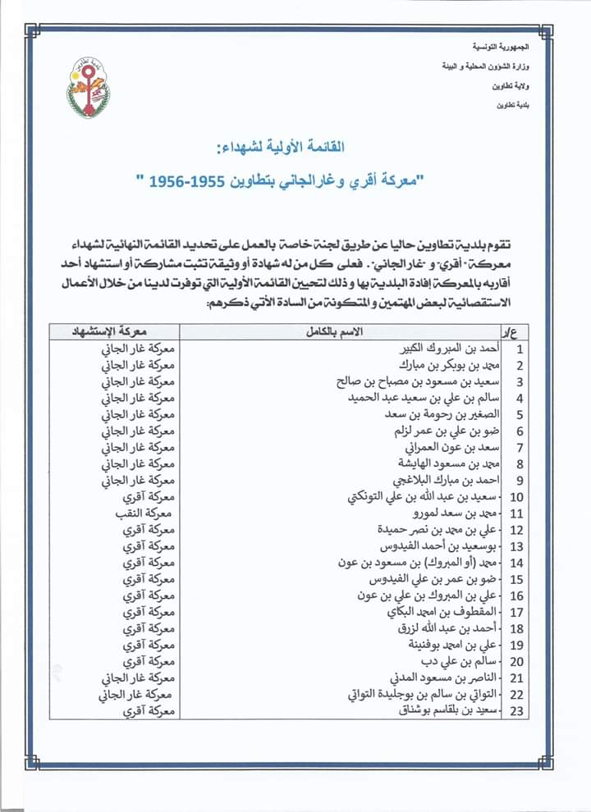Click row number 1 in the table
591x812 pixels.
pos(520,348)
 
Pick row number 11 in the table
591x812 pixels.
pos(518,513)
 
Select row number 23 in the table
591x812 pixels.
pos(518,712)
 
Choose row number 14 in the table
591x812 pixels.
pos(518,563)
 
